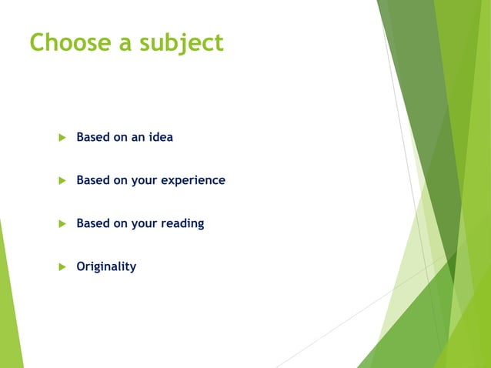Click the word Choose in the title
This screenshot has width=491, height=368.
click(66, 42)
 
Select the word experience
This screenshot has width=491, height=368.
click(193, 181)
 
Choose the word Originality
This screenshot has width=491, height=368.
click(106, 267)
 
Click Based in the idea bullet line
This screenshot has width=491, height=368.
click(92, 137)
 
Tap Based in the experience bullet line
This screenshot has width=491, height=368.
click(92, 180)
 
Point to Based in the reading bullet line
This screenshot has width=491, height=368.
click(92, 223)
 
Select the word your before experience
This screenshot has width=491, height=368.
click(144, 181)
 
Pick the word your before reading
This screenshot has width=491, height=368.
click(144, 224)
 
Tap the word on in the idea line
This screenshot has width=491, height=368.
click(121, 138)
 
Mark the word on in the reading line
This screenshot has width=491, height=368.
click(121, 224)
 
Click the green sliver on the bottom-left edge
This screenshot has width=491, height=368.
click(9, 308)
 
